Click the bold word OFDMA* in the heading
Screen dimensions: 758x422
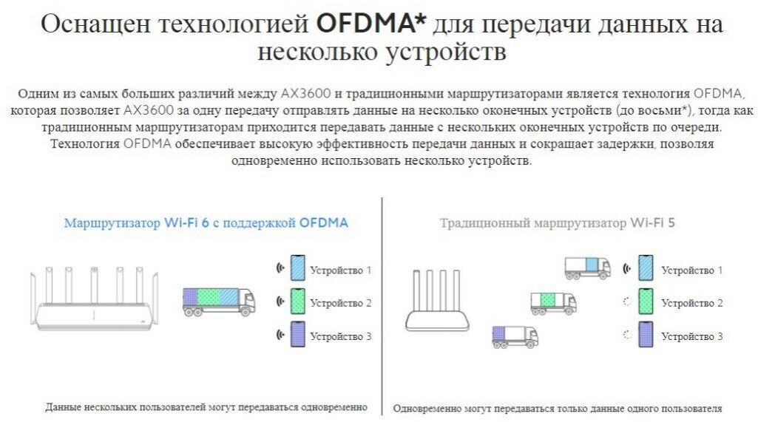[x=370, y=24]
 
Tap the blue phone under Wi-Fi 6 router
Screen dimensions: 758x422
[x=297, y=268]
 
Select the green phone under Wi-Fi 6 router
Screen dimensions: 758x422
[x=297, y=302]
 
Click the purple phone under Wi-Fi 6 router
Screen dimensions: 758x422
[x=297, y=336]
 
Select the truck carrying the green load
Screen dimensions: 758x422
[x=553, y=302]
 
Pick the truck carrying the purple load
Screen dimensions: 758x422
[x=515, y=336]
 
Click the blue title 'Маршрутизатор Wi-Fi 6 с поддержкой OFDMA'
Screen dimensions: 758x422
[x=206, y=222]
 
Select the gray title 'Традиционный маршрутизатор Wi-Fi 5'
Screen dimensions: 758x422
[x=557, y=222]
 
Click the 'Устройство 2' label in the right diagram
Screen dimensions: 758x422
[x=691, y=303]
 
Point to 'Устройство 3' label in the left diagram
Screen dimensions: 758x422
[x=340, y=336]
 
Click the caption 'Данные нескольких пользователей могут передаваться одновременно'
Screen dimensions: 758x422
[x=206, y=407]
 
